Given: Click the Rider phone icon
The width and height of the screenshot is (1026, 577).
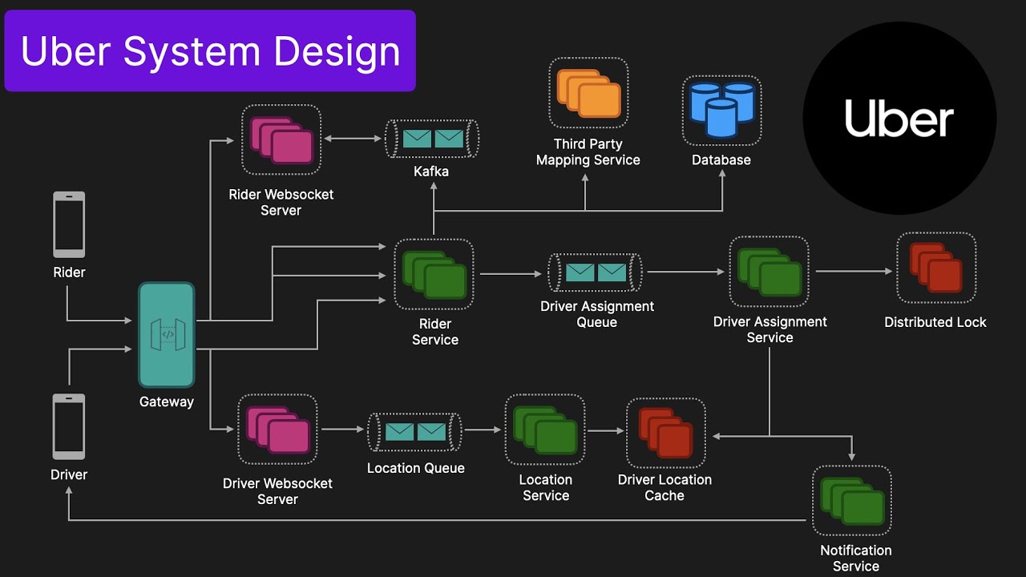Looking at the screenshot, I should click(69, 224).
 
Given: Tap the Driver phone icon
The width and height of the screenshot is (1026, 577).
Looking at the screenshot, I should click(69, 426).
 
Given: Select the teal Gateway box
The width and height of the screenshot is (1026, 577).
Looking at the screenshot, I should click(167, 335).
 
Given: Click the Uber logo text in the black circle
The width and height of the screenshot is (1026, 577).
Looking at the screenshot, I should click(899, 119).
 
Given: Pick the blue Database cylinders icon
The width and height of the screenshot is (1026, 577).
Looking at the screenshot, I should click(721, 110).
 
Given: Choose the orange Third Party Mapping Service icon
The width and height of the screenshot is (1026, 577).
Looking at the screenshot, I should click(588, 93).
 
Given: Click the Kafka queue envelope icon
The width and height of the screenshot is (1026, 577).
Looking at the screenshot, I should click(433, 139).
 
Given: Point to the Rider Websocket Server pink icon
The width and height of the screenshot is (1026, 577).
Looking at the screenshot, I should click(281, 140).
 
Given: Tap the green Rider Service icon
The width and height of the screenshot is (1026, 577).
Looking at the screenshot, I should click(434, 275).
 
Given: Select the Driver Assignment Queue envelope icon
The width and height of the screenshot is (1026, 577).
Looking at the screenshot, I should click(596, 272).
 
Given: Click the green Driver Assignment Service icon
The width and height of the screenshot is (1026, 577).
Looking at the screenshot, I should click(769, 272).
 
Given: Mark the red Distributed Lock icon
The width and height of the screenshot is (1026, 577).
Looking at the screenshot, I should click(935, 268).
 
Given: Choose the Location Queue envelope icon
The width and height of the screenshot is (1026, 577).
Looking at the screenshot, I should click(415, 432).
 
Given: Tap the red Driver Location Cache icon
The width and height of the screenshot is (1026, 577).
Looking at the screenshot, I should click(665, 433).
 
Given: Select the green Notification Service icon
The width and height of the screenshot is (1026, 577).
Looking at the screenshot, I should click(852, 501).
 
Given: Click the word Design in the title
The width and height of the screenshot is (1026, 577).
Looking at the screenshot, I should click(337, 51).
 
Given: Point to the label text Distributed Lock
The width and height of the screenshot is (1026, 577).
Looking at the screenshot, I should click(935, 322).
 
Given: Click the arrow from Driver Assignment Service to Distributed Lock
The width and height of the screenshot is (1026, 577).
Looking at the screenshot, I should click(853, 272).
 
